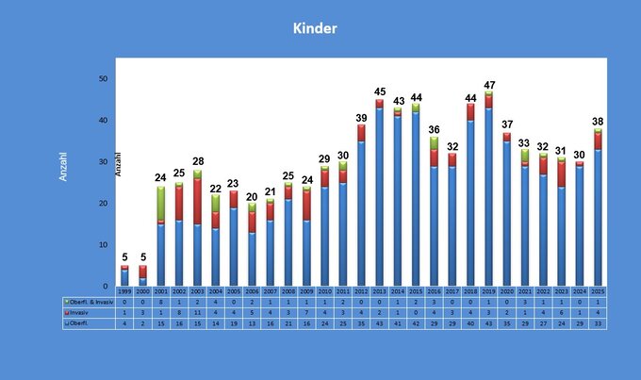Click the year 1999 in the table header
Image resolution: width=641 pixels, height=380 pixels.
point(123,291)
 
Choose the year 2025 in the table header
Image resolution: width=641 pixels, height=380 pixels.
point(598,291)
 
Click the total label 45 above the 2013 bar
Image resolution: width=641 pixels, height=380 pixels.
point(379,92)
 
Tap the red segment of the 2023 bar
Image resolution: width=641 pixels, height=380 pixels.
point(562,173)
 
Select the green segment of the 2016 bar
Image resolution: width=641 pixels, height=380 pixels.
point(434,142)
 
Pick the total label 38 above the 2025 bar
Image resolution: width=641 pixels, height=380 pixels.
point(598,122)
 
